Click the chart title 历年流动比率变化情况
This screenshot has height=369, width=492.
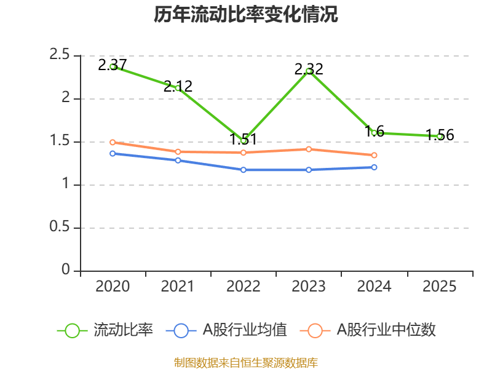tap(246, 15)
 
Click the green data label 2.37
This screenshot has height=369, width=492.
tap(113, 65)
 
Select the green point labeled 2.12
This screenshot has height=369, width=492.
tap(178, 88)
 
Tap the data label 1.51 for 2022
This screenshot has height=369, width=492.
tap(243, 139)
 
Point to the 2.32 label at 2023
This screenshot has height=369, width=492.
tap(309, 69)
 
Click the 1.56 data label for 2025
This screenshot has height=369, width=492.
tap(440, 135)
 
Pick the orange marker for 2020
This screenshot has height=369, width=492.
tap(113, 142)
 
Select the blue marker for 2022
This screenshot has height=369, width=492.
tap(243, 170)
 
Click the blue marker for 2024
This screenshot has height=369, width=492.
tap(374, 167)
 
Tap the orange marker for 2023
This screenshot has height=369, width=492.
tap(309, 149)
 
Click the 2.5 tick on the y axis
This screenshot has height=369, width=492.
tap(60, 55)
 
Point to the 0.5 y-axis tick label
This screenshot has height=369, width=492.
tap(60, 228)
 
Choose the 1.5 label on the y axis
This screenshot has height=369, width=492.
tap(60, 141)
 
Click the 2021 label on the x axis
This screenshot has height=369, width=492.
tap(178, 286)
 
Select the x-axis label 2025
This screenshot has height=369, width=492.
tap(440, 286)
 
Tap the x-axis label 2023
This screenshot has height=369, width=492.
tap(309, 286)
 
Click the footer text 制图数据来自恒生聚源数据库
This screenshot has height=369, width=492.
tap(246, 363)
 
